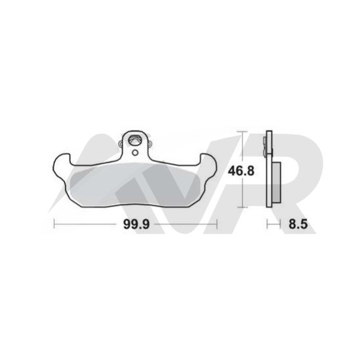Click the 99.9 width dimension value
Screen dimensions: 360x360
(x=136, y=224)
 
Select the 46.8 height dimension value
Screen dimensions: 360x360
(x=241, y=170)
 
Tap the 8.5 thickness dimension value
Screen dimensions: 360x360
(x=298, y=224)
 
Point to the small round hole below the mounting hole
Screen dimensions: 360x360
(x=136, y=152)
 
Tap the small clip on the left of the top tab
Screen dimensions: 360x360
(x=120, y=144)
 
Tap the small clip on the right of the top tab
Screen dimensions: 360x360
(x=150, y=144)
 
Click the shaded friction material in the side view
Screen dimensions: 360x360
(x=276, y=182)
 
